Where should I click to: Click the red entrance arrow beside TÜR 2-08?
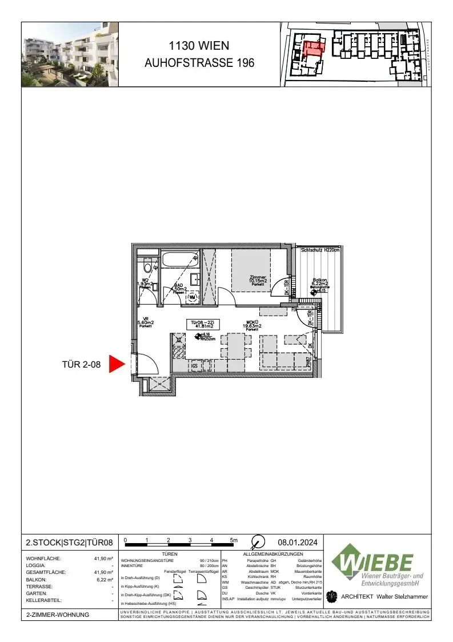click(117, 364)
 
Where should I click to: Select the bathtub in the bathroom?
click(179, 259)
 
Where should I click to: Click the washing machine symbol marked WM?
click(193, 297)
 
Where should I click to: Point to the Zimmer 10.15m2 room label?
click(258, 280)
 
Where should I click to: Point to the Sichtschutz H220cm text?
click(320, 250)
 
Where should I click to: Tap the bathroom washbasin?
click(194, 280)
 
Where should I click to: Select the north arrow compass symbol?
click(258, 541)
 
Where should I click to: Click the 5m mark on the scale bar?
click(234, 540)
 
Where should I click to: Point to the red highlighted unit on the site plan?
click(312, 48)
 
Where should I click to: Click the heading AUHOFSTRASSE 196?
click(199, 63)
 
